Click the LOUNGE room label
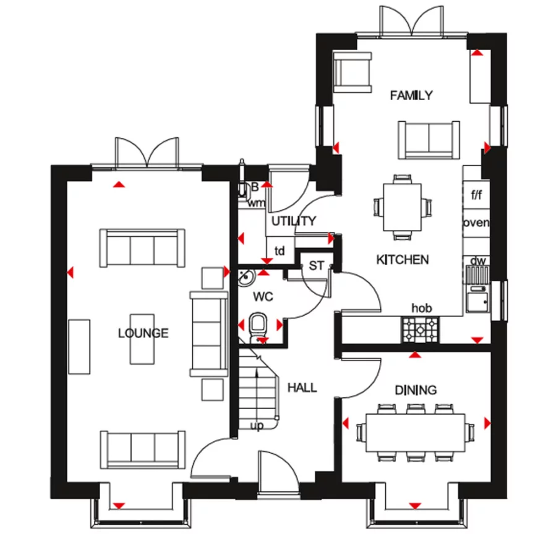pos(143,334)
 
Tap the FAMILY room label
pos(411,95)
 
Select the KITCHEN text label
pos(402,260)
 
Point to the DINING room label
pos(416,390)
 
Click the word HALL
pos(302,388)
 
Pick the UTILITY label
pos(294,221)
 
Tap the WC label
pos(263,297)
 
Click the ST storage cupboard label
pos(316,266)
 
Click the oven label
pos(475,223)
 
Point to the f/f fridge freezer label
pos(476,195)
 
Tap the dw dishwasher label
pos(477,261)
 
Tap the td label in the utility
pos(280,251)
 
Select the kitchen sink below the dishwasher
pos(477,300)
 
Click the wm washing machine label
pos(255,203)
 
